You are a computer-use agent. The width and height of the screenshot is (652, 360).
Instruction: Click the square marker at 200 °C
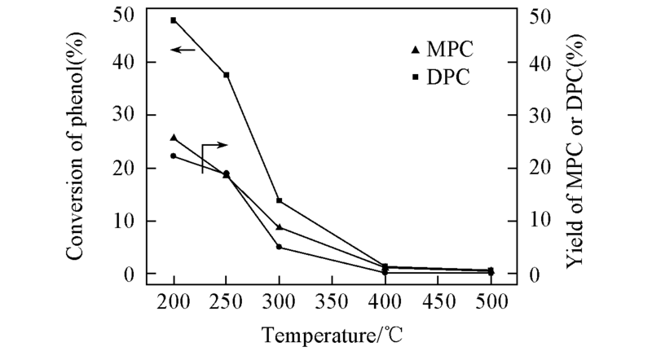(174, 20)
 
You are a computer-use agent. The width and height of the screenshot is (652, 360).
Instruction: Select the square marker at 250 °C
(227, 75)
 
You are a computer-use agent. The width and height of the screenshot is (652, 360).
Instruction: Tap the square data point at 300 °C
(280, 200)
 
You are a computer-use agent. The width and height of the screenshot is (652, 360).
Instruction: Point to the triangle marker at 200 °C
(174, 138)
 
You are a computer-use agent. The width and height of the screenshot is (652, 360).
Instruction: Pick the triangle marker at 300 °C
(280, 227)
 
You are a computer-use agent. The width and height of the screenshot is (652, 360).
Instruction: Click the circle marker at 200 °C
(174, 156)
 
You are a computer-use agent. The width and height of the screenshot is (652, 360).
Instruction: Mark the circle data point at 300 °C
(280, 247)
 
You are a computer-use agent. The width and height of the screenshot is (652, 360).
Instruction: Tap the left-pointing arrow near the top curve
(183, 50)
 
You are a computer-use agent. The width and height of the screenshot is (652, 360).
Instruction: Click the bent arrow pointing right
(213, 151)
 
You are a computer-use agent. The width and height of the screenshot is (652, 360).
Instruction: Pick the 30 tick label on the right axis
(538, 116)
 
